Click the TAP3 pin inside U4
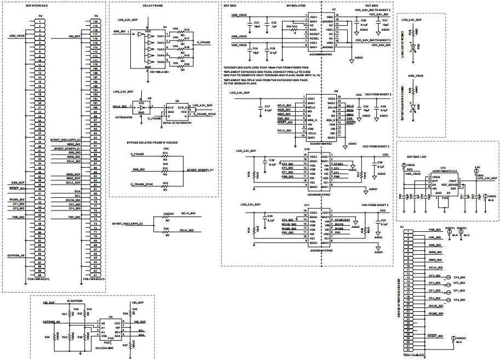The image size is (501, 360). (160, 49)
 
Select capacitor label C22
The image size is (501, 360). (257, 22)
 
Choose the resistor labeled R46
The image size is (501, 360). (165, 228)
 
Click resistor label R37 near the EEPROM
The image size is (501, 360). (126, 346)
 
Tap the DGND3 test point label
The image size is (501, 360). (460, 338)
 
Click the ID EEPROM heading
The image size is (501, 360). (74, 301)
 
